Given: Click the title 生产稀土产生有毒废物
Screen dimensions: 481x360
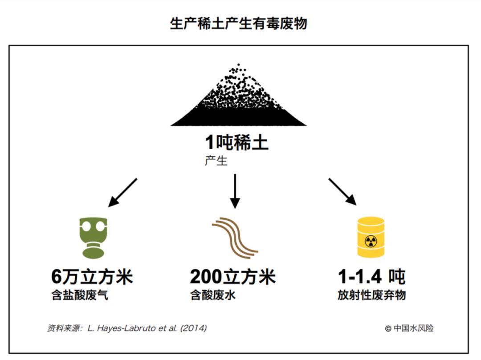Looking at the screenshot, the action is (x=238, y=24).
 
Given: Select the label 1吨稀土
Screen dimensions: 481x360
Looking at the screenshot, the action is (x=236, y=142).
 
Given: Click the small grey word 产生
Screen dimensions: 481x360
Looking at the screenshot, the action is (x=216, y=161).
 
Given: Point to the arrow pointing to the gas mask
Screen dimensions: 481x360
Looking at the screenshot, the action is (x=122, y=193).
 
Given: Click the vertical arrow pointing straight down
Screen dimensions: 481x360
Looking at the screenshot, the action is (x=235, y=191).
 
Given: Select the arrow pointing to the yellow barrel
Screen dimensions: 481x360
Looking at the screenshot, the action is (x=342, y=192).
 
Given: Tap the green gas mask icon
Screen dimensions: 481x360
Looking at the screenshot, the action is (x=93, y=238).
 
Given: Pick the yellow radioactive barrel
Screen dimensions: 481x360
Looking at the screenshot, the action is (x=371, y=237).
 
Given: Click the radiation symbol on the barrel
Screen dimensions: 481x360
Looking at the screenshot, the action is (x=371, y=242).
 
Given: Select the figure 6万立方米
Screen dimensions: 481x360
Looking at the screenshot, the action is (x=92, y=277).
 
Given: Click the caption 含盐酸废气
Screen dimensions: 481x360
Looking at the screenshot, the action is (x=80, y=295).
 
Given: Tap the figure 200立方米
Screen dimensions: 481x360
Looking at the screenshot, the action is (x=233, y=277).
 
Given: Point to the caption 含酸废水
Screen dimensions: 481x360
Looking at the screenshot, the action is (x=213, y=295).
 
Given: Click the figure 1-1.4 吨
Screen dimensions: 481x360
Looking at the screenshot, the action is (x=371, y=277).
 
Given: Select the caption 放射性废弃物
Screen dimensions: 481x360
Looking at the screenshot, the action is (x=371, y=295).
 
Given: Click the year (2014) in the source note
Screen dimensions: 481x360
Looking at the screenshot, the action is (x=194, y=328).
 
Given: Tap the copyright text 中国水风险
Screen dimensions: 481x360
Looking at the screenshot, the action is (x=413, y=328).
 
